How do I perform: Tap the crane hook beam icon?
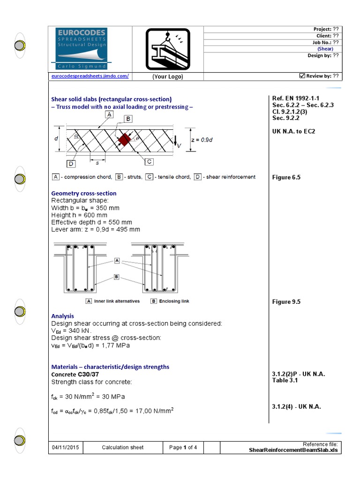(167, 49)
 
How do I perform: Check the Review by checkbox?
(302, 76)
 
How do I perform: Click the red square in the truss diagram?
(124, 140)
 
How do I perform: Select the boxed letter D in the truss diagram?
(71, 164)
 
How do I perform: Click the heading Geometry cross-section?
(83, 193)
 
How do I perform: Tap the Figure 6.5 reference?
(286, 177)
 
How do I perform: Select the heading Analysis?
(62, 316)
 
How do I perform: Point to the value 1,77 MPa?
(118, 345)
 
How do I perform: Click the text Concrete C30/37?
(75, 375)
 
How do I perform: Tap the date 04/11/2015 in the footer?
(66, 447)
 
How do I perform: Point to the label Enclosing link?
(174, 301)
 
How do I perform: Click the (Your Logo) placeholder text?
(167, 76)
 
